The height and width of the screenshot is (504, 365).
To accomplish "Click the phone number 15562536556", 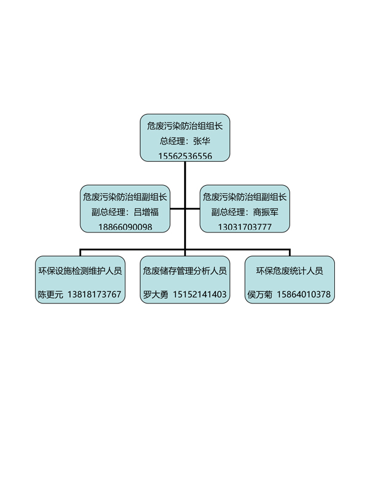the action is (185, 156).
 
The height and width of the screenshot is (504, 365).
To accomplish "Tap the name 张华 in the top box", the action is (202, 141).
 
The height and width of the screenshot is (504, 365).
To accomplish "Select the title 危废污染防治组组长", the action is (185, 126).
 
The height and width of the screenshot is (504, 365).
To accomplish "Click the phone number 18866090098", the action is (125, 227).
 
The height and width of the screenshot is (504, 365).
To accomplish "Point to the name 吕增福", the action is (146, 212).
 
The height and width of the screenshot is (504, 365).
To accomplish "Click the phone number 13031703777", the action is (245, 227).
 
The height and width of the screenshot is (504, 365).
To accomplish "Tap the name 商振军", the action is (266, 212).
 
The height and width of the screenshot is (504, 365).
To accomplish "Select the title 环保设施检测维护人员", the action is (80, 270).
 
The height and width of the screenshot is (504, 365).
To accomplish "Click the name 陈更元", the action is (50, 294).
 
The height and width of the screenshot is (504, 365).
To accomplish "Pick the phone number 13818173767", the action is (94, 294).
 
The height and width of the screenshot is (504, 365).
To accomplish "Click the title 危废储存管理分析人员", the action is (185, 270).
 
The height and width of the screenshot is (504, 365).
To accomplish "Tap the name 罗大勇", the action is (156, 294).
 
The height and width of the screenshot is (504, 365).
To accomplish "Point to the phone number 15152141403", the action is (200, 294).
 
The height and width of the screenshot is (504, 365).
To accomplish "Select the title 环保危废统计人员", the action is (290, 270).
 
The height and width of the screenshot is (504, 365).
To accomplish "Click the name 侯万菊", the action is (260, 294).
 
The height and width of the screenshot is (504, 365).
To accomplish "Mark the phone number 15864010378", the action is (304, 294).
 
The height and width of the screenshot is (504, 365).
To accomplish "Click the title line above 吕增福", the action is (125, 197).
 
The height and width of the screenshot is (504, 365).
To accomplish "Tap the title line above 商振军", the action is (245, 197).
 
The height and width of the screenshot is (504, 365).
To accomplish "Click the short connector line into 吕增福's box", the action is (177, 209).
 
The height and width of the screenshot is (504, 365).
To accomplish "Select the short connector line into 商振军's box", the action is (192, 209).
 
